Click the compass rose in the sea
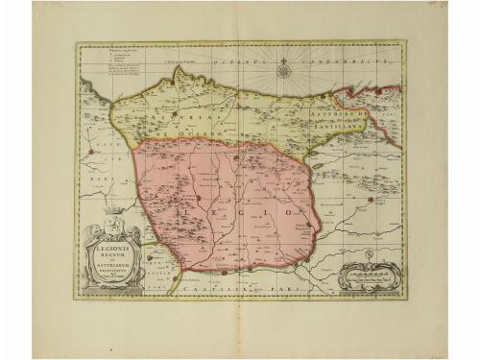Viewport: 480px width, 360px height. tap(285, 68)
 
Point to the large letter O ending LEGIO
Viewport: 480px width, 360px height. tap(299, 206)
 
